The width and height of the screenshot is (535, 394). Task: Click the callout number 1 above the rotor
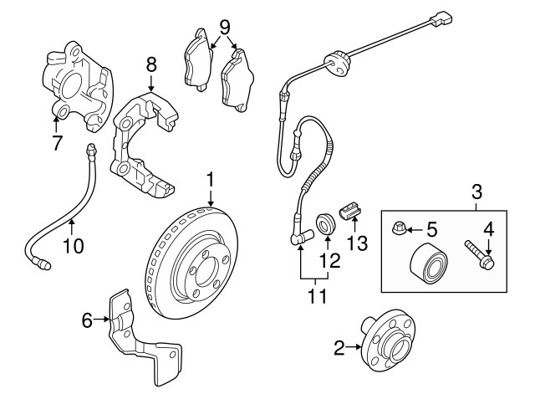click(211, 180)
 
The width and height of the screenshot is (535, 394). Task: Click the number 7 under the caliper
click(58, 143)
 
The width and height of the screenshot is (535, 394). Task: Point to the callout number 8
click(151, 64)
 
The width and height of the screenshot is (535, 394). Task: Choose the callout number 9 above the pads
click(224, 28)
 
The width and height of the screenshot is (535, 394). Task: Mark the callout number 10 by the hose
click(74, 246)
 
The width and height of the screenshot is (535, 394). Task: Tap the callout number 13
click(359, 243)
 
